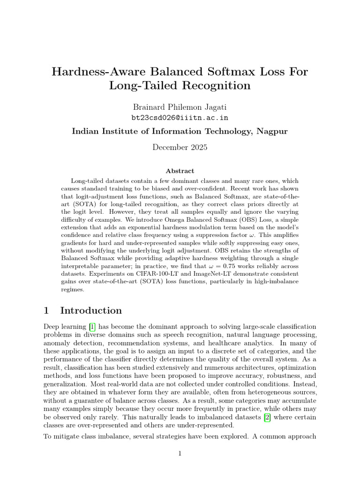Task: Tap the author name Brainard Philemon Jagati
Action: (180, 107)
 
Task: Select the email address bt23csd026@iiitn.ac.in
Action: (180, 118)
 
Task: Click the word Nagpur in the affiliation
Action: (271, 131)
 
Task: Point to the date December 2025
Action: (180, 147)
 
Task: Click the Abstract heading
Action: (180, 171)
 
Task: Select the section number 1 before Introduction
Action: (46, 310)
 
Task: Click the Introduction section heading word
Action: (91, 310)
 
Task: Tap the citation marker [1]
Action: (92, 326)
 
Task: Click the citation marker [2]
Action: (267, 417)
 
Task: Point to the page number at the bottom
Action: (180, 453)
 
